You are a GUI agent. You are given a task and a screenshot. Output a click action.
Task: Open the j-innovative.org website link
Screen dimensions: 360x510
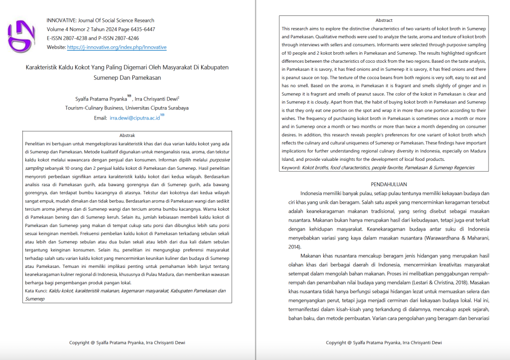(117, 47)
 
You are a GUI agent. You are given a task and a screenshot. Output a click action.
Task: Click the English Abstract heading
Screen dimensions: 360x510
(383, 20)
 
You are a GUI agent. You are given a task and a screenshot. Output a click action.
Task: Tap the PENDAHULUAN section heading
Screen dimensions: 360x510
(383, 184)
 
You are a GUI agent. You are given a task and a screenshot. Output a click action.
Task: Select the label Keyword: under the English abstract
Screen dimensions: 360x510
(291, 168)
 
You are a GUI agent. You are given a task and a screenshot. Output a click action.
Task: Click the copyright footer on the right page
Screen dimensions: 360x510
(383, 343)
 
